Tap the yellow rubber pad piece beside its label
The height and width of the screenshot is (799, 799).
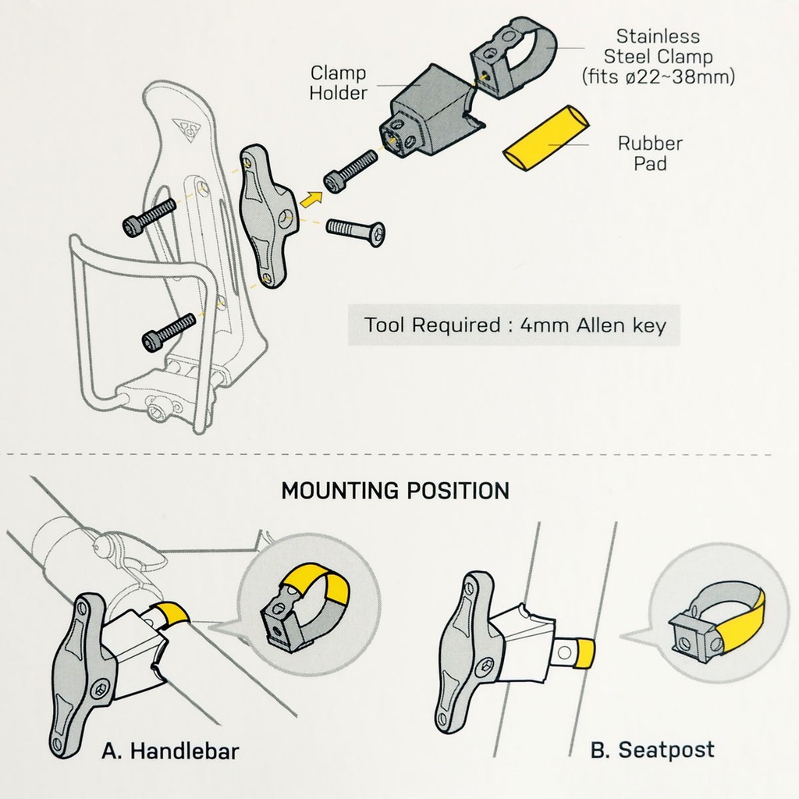[545, 138]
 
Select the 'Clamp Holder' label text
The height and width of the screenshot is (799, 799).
[339, 83]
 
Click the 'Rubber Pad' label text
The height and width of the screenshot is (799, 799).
[650, 153]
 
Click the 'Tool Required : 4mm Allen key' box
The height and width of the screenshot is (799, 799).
[514, 325]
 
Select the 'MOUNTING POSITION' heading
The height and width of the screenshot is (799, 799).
[396, 491]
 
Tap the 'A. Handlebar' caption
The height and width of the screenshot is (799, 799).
[170, 751]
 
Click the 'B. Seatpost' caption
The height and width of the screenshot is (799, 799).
[652, 750]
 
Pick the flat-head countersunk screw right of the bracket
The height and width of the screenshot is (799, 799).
[356, 233]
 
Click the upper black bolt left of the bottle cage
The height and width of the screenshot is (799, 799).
[149, 218]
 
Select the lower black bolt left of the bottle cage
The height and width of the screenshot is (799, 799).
[169, 332]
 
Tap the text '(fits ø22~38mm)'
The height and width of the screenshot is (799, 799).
[658, 76]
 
